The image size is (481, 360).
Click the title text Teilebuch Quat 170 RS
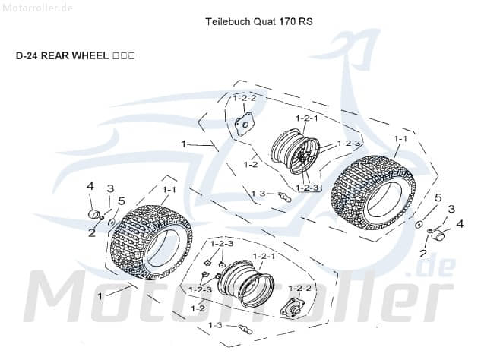pos(259,22)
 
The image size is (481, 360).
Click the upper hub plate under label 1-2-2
pos(245,124)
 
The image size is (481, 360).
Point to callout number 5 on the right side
pos(437,198)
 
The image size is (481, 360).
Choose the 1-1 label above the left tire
pos(169,189)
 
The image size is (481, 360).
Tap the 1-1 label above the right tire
pos(400,139)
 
